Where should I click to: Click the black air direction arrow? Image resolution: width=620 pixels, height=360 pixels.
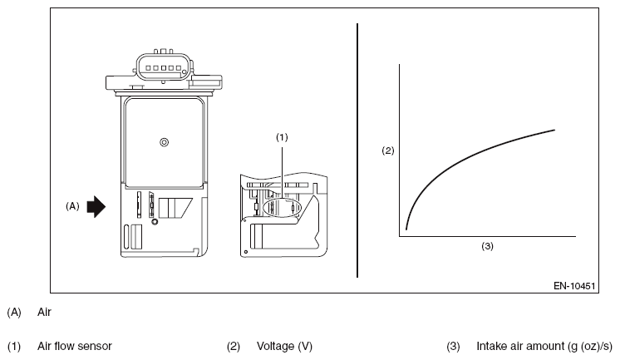(x=96, y=206)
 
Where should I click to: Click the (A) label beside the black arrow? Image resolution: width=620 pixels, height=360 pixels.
(x=72, y=206)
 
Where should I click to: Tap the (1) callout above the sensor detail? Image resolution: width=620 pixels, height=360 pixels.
(x=282, y=137)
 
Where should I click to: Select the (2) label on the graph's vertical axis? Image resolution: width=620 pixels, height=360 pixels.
(x=388, y=150)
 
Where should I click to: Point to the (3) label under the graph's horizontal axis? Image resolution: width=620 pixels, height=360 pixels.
(x=487, y=246)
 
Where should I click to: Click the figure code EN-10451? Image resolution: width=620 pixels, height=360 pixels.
(x=574, y=286)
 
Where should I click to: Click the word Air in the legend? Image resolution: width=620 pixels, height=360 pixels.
(x=44, y=312)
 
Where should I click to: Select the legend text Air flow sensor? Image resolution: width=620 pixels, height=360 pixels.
(x=75, y=346)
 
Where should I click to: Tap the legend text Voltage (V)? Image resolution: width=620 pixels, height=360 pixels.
(x=284, y=346)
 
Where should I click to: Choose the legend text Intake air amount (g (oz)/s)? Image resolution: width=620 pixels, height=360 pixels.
(x=544, y=346)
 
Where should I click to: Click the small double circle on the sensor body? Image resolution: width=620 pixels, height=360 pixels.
(x=164, y=142)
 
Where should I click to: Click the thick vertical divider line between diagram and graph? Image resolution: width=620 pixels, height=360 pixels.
(x=357, y=150)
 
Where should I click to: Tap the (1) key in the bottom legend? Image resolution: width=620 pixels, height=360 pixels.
(x=14, y=347)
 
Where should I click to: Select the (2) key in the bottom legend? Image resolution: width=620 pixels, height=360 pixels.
(x=234, y=347)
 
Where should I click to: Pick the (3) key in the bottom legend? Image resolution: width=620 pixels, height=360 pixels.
(x=453, y=347)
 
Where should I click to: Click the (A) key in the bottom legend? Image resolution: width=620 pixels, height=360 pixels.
(x=14, y=312)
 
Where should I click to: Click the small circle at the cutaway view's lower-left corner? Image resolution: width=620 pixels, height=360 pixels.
(x=246, y=252)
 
